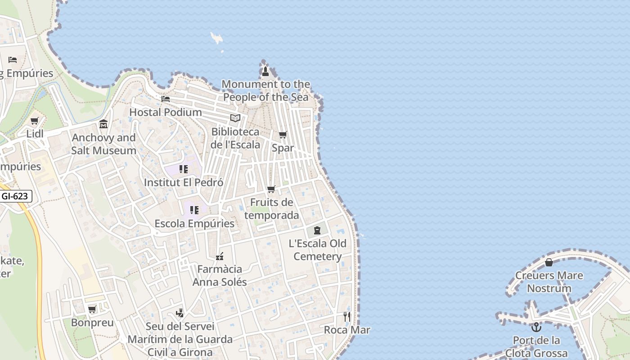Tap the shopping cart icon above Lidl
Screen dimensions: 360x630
35,121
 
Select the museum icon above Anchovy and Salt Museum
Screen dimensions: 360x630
103,124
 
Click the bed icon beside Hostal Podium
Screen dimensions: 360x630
166,99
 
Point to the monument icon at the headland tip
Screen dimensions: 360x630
265,71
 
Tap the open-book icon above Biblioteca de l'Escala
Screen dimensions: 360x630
235,118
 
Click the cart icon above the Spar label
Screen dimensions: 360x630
283,135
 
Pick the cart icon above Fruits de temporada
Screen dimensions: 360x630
271,189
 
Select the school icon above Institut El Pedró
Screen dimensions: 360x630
184,169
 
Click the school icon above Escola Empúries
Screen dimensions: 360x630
194,210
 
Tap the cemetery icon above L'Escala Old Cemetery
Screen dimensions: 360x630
317,230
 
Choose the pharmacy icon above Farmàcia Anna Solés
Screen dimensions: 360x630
220,256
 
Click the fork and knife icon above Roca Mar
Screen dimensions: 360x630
347,317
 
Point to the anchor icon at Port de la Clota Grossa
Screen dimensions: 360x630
536,327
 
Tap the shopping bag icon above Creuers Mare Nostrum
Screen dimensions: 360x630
549,262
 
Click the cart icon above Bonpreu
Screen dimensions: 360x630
92,309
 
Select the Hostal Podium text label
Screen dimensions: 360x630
166,112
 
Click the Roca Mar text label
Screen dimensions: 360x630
347,330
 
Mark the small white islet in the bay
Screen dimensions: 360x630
217,38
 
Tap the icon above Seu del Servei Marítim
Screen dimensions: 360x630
180,313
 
